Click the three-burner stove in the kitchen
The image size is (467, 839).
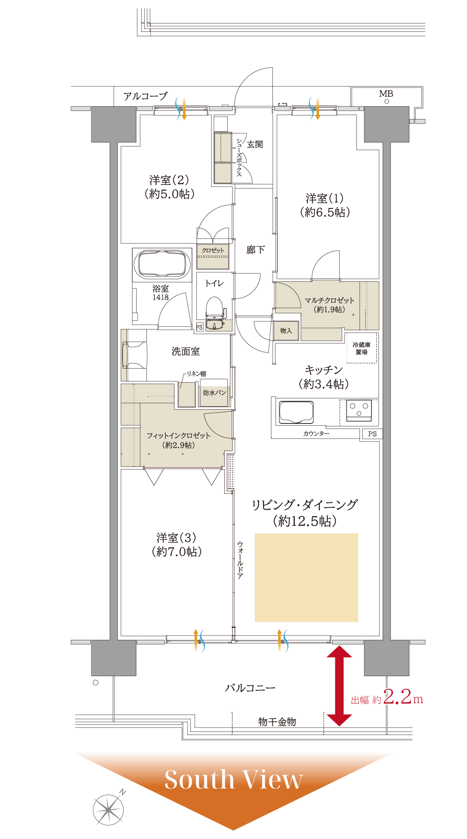pyautogui.click(x=359, y=410)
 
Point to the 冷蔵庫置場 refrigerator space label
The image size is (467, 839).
pyautogui.click(x=361, y=348)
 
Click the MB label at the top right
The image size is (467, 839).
pyautogui.click(x=386, y=94)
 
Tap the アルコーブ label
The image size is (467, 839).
pyautogui.click(x=145, y=96)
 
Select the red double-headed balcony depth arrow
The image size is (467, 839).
pyautogui.click(x=339, y=686)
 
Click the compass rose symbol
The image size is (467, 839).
pyautogui.click(x=108, y=809)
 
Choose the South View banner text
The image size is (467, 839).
pyautogui.click(x=233, y=779)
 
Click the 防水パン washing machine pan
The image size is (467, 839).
pyautogui.click(x=214, y=393)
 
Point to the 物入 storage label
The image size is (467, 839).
pyautogui.click(x=286, y=331)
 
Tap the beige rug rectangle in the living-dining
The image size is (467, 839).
pyautogui.click(x=306, y=577)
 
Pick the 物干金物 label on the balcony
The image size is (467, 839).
pyautogui.click(x=277, y=722)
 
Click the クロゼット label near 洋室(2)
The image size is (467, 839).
pyautogui.click(x=213, y=250)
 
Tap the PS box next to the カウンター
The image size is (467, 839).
pyautogui.click(x=372, y=434)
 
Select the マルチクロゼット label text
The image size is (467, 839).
pyautogui.click(x=329, y=300)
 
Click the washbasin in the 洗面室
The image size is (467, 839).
pyautogui.click(x=134, y=355)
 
